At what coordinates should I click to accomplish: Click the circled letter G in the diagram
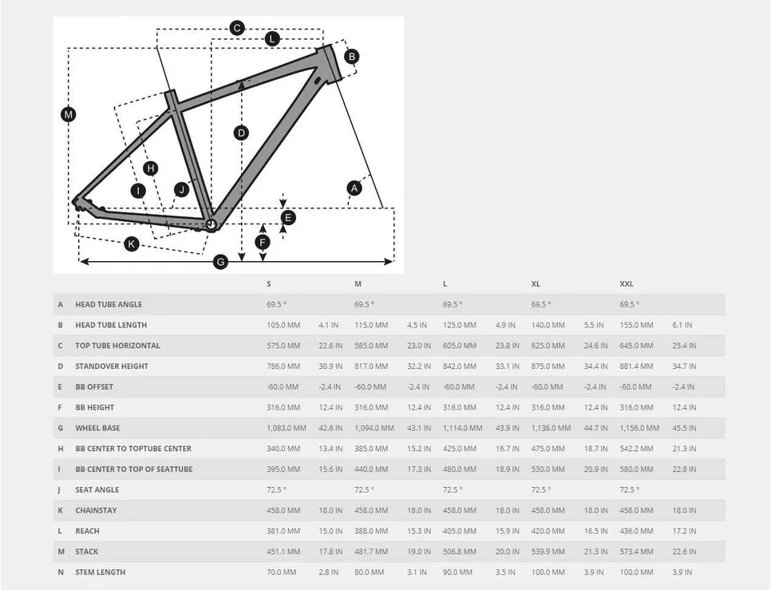point(221,262)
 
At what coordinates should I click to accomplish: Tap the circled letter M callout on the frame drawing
point(69,115)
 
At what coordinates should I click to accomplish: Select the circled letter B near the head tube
point(351,57)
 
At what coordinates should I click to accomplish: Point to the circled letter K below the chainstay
point(131,244)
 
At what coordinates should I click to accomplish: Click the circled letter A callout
point(354,188)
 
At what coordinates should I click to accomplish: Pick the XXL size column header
point(627,284)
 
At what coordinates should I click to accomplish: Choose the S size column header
point(268,284)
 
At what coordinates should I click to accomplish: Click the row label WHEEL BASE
point(97,428)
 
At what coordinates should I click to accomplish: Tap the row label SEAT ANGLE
point(97,490)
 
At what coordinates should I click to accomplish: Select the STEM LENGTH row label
point(101,572)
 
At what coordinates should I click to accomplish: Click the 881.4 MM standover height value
point(636,366)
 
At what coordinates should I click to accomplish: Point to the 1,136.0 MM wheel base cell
point(552,428)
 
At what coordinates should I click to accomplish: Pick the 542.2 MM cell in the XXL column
point(636,449)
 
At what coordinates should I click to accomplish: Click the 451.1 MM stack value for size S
point(283,552)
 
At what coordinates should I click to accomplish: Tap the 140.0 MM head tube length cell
point(548,325)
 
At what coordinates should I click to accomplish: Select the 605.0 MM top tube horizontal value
point(459,346)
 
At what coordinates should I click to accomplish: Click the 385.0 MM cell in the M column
point(371,449)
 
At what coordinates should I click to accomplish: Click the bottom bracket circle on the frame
point(212,224)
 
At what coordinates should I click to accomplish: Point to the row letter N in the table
point(61,572)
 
